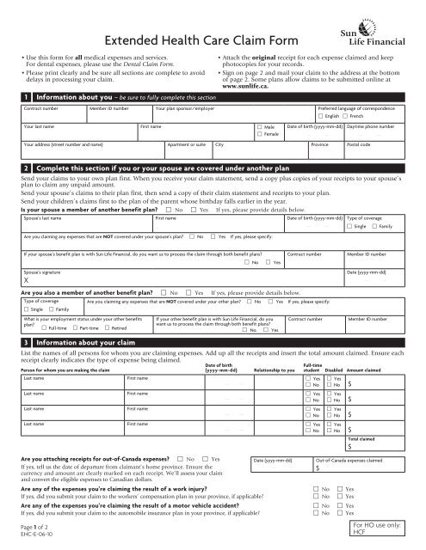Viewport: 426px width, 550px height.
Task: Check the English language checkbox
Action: click(x=321, y=116)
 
